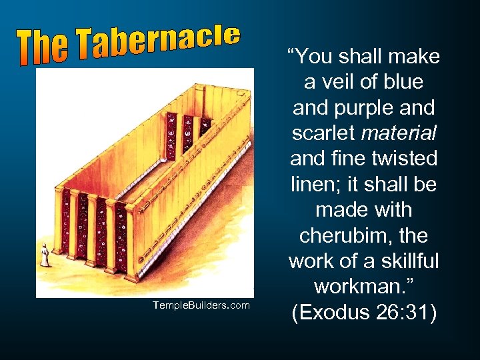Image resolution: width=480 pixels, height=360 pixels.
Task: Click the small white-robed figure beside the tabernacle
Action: pyautogui.click(x=45, y=255)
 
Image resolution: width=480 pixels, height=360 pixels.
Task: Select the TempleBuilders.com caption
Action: pyautogui.click(x=200, y=305)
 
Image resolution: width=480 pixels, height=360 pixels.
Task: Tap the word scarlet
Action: pyautogui.click(x=324, y=133)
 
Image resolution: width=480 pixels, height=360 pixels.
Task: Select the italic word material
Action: pyautogui.click(x=399, y=133)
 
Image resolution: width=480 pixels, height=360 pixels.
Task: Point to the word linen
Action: pyautogui.click(x=315, y=184)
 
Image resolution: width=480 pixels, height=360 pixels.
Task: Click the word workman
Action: pyautogui.click(x=359, y=287)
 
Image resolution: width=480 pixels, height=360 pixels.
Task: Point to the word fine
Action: pyautogui.click(x=349, y=159)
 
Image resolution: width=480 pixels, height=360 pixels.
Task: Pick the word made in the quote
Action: pyautogui.click(x=339, y=210)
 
